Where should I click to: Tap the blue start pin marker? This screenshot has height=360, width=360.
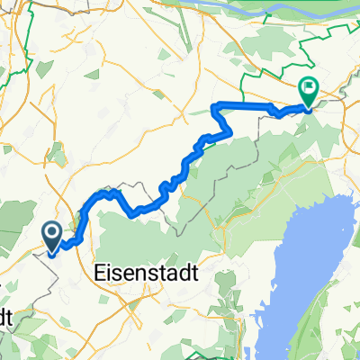(x=52, y=236)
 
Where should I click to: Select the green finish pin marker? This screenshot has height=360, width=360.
(x=308, y=91)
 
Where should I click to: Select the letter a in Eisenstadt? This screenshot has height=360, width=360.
(x=171, y=273)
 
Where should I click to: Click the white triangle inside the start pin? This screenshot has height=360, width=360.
(x=52, y=235)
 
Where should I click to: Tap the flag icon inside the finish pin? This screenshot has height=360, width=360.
(x=308, y=89)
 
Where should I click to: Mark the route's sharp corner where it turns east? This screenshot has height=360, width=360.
(x=215, y=107)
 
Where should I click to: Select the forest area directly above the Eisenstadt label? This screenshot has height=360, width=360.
(x=144, y=238)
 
